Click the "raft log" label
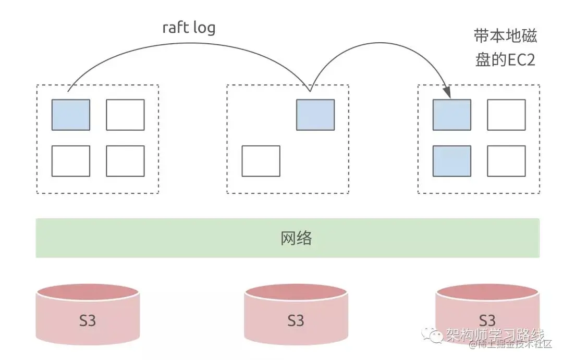click(x=189, y=28)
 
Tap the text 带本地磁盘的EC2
click(x=505, y=48)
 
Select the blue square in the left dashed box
click(x=71, y=115)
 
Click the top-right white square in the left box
click(x=125, y=115)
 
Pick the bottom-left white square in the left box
click(x=71, y=161)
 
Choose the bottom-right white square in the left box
click(x=125, y=161)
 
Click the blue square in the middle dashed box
click(x=315, y=115)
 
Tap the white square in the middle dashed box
click(x=261, y=161)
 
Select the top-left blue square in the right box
click(x=452, y=115)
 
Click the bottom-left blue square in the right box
click(x=452, y=161)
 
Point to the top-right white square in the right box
click(x=506, y=115)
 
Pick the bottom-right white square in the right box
click(x=506, y=161)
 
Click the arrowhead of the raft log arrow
click(x=447, y=93)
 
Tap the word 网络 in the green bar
click(x=296, y=238)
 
